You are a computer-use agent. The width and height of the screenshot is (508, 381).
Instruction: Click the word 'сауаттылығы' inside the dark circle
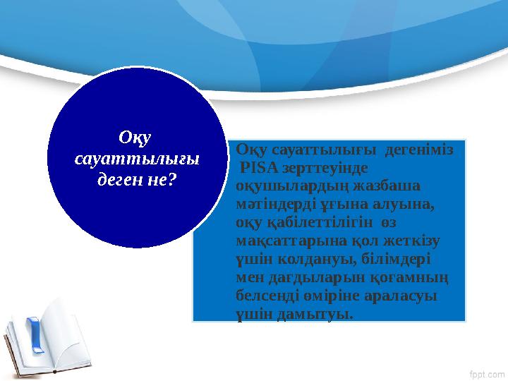point(137,159)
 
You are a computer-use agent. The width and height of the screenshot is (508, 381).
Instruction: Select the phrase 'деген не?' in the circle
point(137,179)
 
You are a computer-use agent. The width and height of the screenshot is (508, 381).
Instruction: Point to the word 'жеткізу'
point(411,241)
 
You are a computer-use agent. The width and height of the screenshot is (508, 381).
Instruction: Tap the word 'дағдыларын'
point(310,277)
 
